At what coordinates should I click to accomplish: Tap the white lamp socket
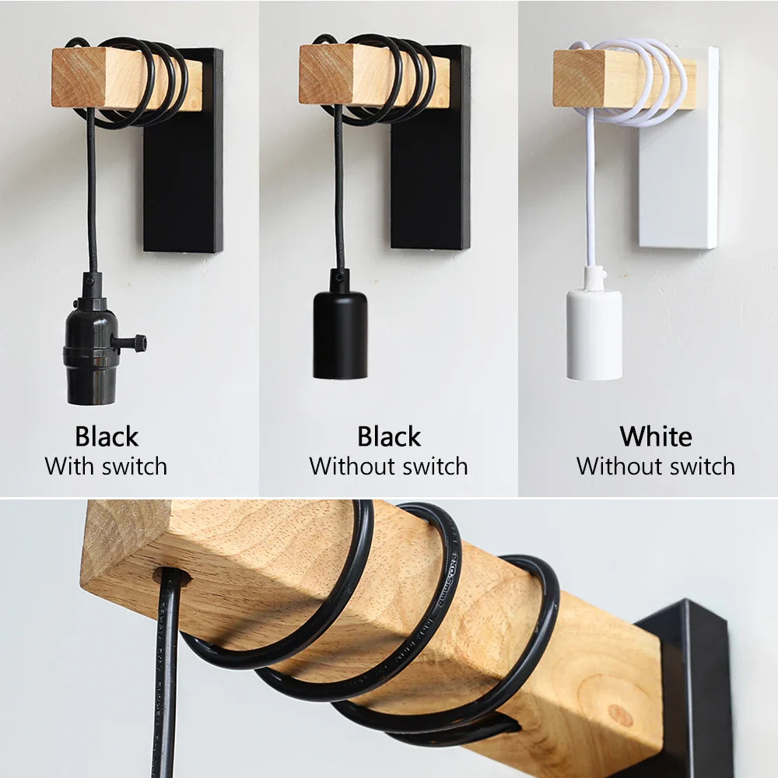(594, 334)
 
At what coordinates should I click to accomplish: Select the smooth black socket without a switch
(340, 334)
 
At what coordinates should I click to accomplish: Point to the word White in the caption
(655, 436)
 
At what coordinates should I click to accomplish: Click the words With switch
(106, 467)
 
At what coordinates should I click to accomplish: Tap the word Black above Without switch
(389, 436)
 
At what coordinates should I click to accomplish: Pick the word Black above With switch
(107, 436)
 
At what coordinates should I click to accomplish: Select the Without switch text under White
(655, 467)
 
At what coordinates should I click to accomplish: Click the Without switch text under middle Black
(389, 467)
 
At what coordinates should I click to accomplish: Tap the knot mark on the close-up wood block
(619, 714)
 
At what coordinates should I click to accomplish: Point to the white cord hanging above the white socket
(590, 194)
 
